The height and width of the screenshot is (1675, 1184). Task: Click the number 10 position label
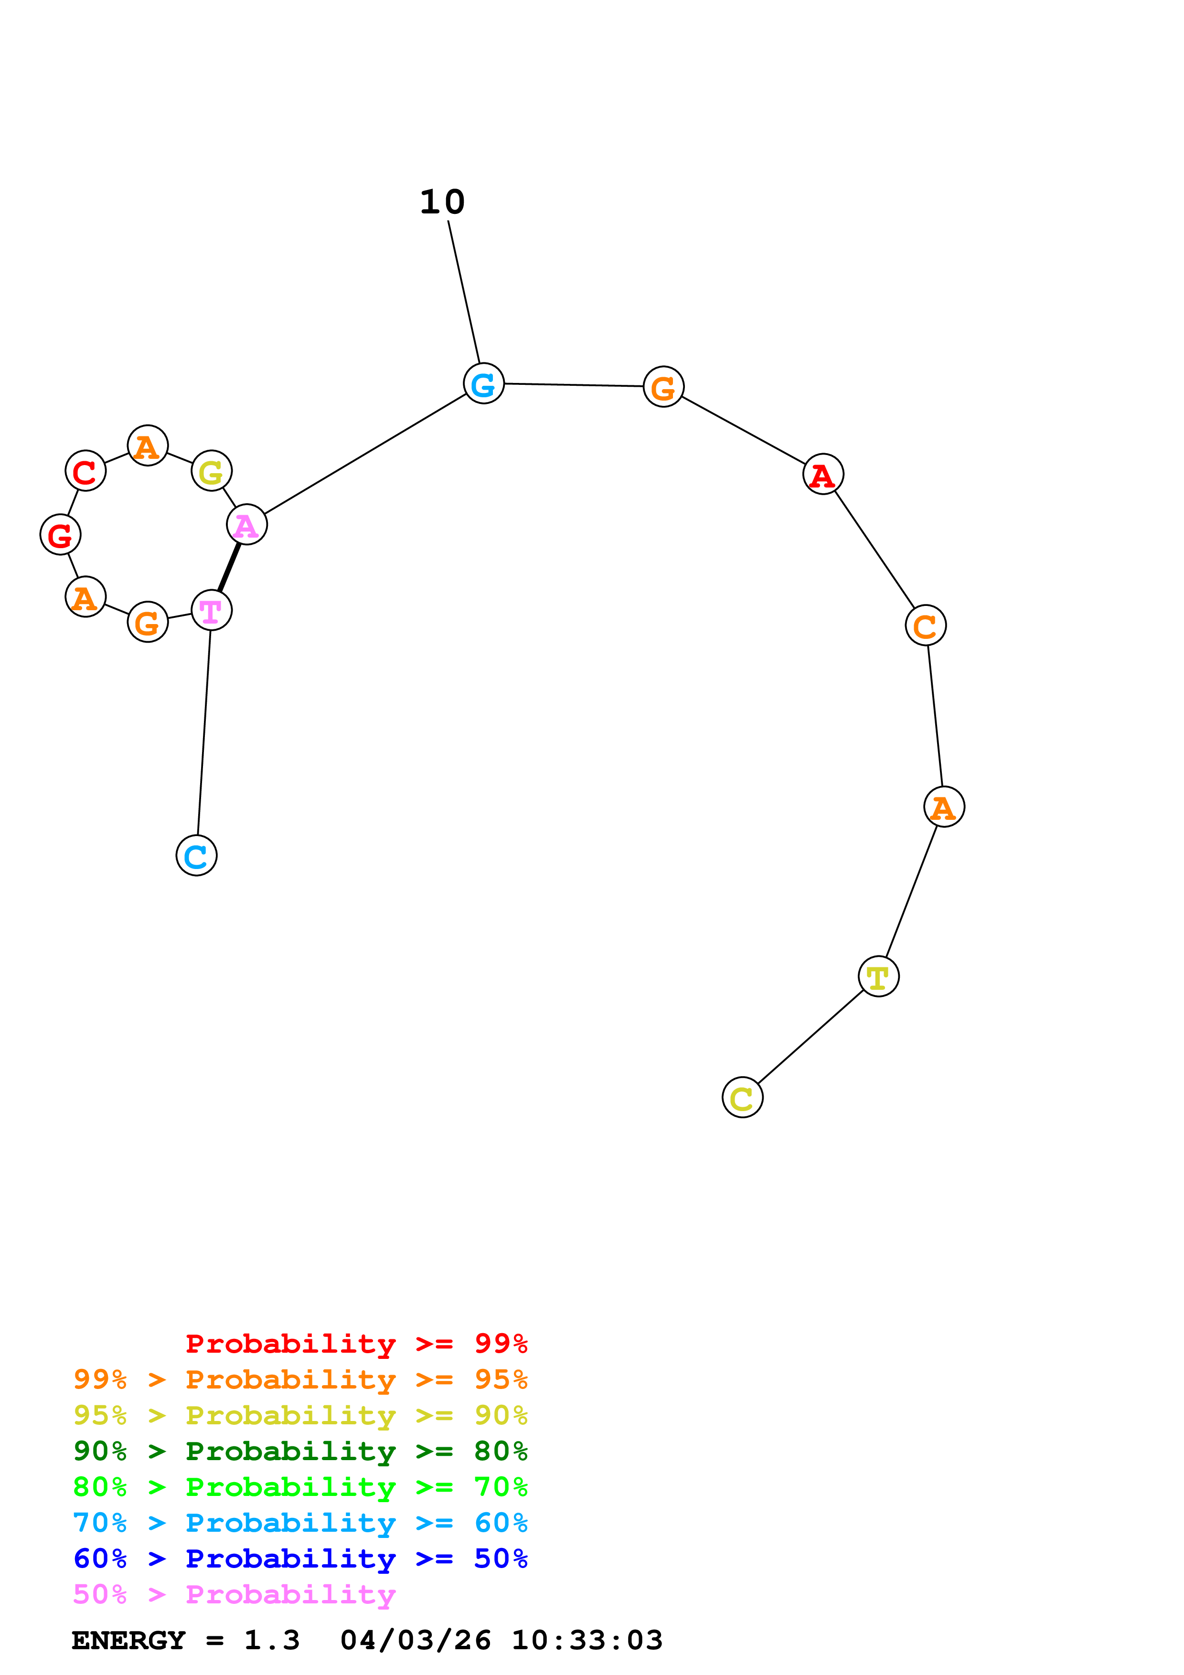pos(442,202)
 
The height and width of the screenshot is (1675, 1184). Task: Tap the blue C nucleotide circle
pos(196,855)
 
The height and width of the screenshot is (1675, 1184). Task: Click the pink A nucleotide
pos(246,525)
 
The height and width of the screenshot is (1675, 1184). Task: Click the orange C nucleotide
pos(925,625)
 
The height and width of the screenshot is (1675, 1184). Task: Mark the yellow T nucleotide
pos(878,976)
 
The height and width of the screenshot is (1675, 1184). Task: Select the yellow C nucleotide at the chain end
pos(742,1097)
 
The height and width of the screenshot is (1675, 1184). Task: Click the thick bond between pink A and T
pos(229,567)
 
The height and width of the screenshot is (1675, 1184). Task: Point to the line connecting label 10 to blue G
pos(464,292)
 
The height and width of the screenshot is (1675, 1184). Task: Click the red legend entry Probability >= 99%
pos(356,1344)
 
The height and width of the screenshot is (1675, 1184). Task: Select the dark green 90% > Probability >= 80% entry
pos(300,1452)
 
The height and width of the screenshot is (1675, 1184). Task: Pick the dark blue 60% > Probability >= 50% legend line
pos(300,1559)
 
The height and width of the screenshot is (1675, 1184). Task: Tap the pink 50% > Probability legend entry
pos(234,1595)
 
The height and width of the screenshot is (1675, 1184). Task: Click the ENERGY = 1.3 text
pos(185,1641)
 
